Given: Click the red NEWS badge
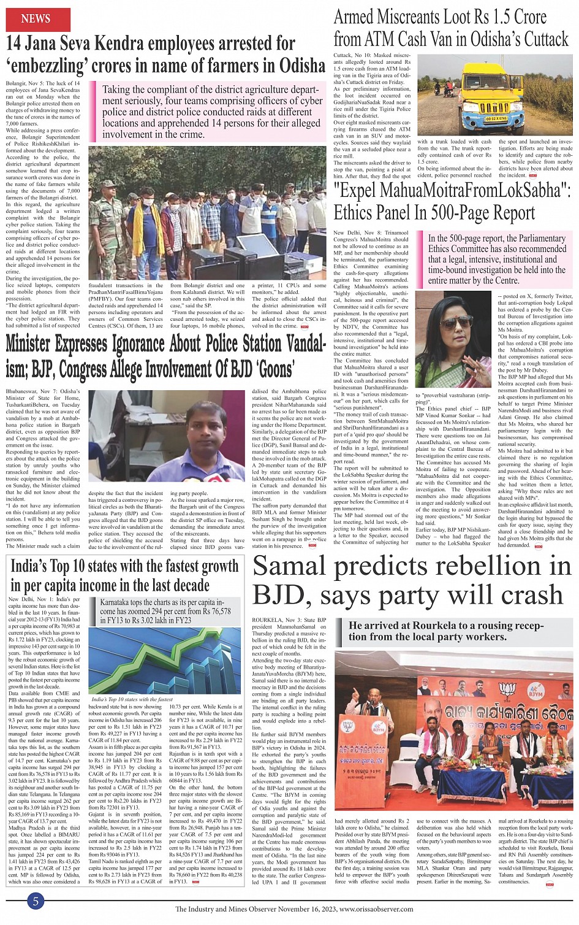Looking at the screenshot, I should coord(36,19).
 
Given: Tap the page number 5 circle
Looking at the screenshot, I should coord(36,900).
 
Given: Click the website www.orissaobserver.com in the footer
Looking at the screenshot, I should coord(376,909).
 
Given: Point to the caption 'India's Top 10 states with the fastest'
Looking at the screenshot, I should coord(132,699).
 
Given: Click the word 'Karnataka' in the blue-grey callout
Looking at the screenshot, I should coord(119,602).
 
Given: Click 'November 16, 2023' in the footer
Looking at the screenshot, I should coord(306,909).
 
